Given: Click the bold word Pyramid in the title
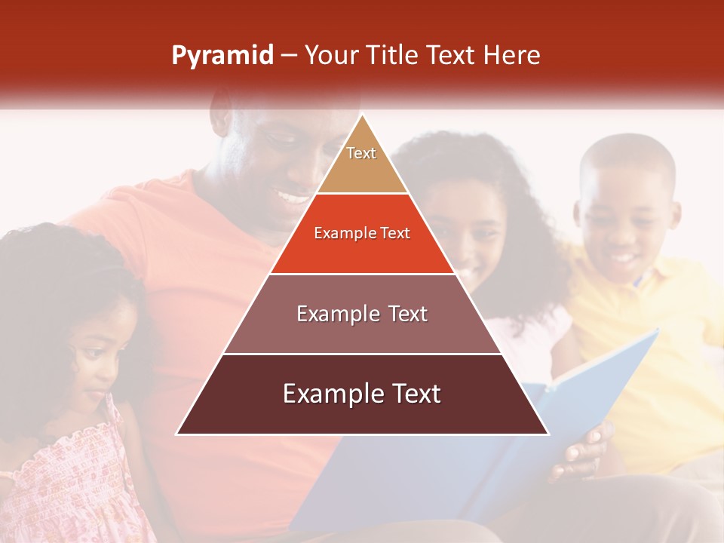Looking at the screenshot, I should pyautogui.click(x=222, y=56).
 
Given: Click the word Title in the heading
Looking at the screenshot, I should pyautogui.click(x=393, y=55).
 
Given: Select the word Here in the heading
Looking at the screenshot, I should pyautogui.click(x=511, y=55).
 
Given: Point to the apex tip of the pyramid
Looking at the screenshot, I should pyautogui.click(x=362, y=115).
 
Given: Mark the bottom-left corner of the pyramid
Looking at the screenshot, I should pyautogui.click(x=177, y=434).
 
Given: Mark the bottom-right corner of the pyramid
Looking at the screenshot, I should pyautogui.click(x=548, y=434).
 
